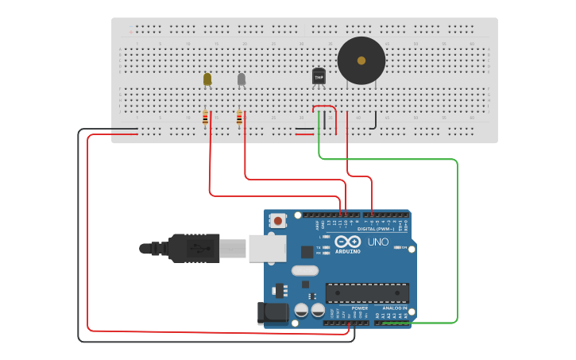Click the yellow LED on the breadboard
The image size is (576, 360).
coord(207,79)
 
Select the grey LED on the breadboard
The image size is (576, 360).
coord(242,79)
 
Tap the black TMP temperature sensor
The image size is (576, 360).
coord(319,76)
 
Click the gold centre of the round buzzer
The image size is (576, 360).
coord(361,60)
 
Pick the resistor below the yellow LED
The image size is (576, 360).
coord(206,118)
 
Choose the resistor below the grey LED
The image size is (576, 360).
coord(239,118)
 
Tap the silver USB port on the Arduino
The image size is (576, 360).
coord(267,248)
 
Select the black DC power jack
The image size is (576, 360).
coord(271,313)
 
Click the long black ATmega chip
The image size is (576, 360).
coord(367,292)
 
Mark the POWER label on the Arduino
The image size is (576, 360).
coord(360,308)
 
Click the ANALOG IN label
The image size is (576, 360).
coord(394,308)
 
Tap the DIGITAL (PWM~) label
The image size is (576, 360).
coord(377,229)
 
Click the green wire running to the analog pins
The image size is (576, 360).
coord(458,238)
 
